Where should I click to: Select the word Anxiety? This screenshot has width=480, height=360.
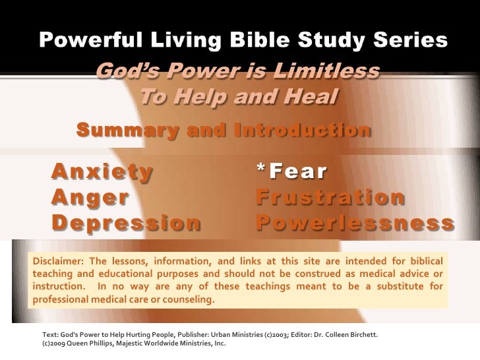pyautogui.click(x=102, y=171)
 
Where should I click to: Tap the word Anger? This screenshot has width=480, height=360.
pyautogui.click(x=90, y=197)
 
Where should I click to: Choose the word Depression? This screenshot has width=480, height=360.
pyautogui.click(x=126, y=223)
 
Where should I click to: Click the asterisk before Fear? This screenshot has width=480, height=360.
pyautogui.click(x=261, y=170)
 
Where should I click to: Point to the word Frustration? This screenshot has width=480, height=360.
pyautogui.click(x=330, y=197)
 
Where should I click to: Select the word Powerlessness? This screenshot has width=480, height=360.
pyautogui.click(x=355, y=223)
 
